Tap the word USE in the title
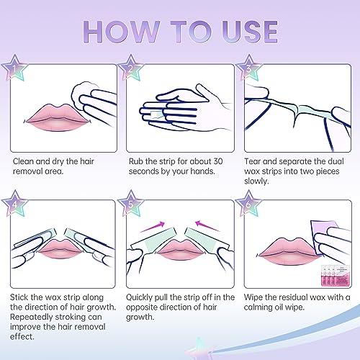tap(240, 32)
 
